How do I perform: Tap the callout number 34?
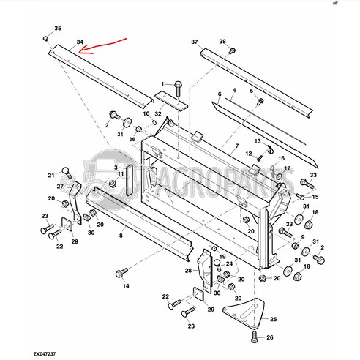coord(80,43)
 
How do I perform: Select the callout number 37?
coord(195,42)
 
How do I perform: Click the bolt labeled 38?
coord(231,51)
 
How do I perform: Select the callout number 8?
coord(122,228)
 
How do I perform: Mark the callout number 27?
coord(61,187)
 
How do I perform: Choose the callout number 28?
coord(188,271)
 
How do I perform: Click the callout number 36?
coord(132,139)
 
